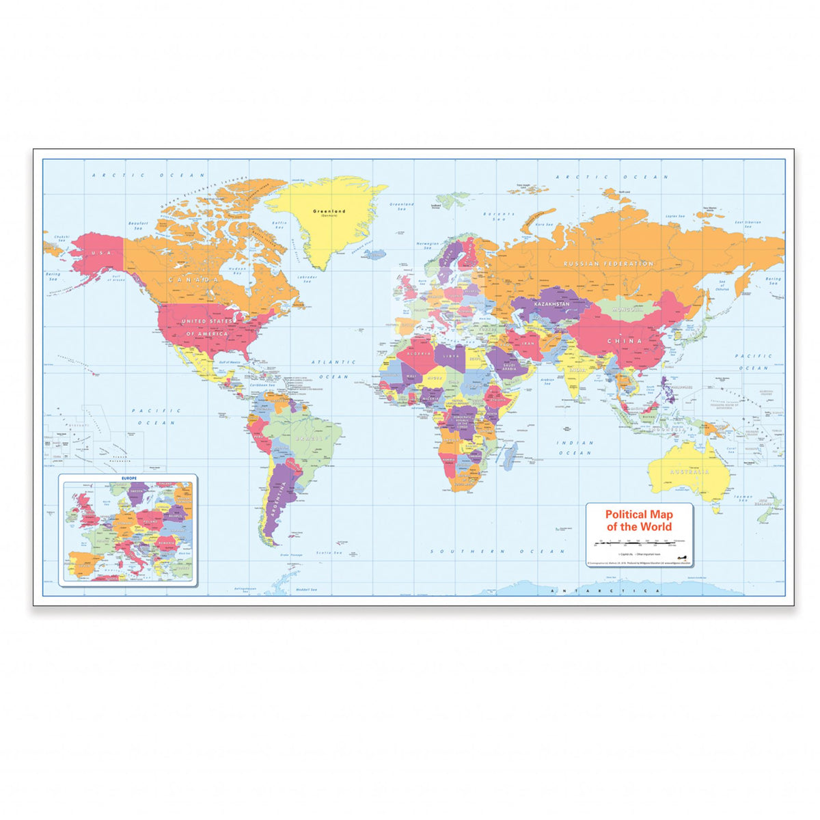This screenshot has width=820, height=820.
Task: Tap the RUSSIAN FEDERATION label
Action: pyautogui.click(x=608, y=264)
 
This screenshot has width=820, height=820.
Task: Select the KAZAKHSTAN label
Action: pyautogui.click(x=551, y=303)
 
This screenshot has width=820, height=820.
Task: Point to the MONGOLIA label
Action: pyautogui.click(x=629, y=310)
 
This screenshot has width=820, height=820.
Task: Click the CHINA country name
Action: pyautogui.click(x=625, y=340)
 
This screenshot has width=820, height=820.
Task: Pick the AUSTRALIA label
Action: pyautogui.click(x=689, y=471)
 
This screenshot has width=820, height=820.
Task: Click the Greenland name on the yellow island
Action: pyautogui.click(x=329, y=212)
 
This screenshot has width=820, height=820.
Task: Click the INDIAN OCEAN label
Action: pyautogui.click(x=575, y=448)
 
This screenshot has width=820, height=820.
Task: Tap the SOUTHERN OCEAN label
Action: pyautogui.click(x=497, y=551)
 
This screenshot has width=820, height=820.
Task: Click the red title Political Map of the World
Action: pyautogui.click(x=639, y=520)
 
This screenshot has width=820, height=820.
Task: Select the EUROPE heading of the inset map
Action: pyautogui.click(x=128, y=478)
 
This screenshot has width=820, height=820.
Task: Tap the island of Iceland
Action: pyautogui.click(x=374, y=254)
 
